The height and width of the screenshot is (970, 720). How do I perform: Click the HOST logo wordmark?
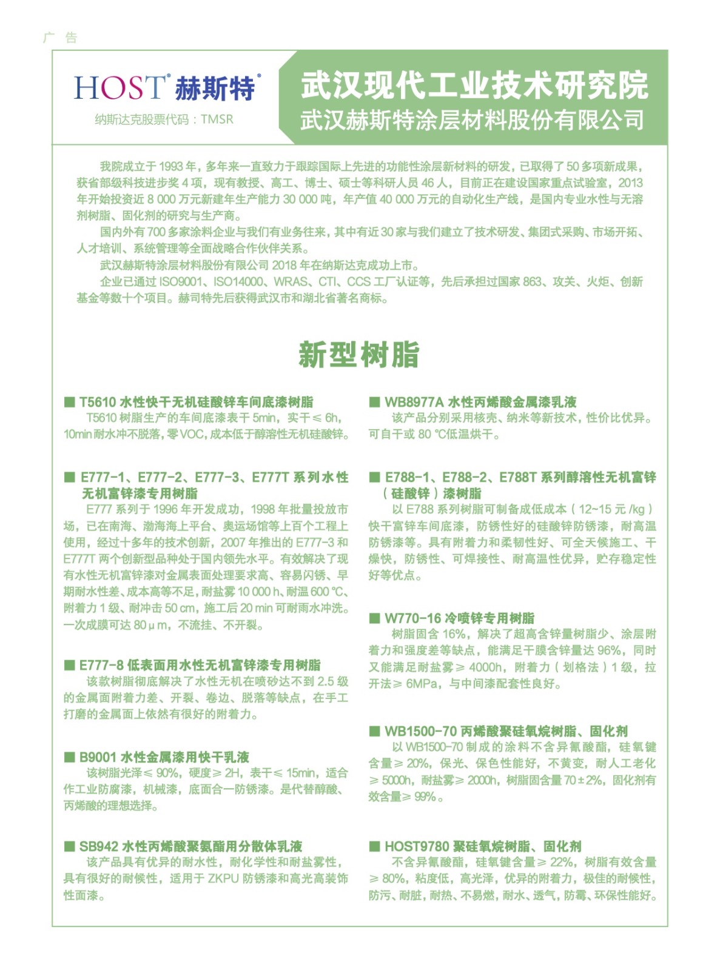[119, 87]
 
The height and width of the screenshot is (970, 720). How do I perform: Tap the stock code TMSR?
[217, 119]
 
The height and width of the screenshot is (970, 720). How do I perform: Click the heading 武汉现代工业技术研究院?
[474, 85]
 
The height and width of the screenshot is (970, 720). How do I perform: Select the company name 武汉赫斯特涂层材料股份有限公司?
[472, 119]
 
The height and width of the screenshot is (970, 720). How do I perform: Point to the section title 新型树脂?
[359, 355]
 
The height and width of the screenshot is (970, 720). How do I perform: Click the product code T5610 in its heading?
[97, 402]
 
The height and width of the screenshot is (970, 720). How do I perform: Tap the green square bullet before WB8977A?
[374, 402]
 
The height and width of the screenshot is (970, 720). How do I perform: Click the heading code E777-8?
[101, 665]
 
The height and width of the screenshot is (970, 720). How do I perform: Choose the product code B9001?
[98, 757]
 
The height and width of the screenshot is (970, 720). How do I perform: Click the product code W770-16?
[412, 618]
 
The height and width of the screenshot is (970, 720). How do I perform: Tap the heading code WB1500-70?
[420, 731]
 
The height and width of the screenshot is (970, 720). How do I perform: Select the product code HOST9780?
[416, 846]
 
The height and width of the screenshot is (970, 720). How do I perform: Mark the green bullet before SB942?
[69, 846]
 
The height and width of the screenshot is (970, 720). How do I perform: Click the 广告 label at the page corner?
[60, 38]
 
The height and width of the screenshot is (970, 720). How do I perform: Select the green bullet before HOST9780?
[374, 846]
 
